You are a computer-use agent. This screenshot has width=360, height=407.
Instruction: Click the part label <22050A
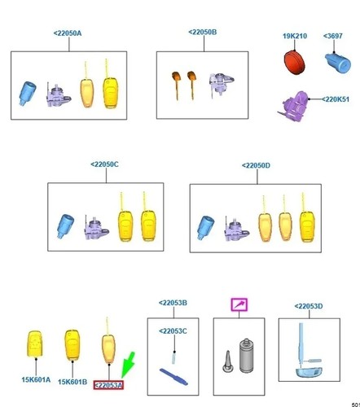point(68,33)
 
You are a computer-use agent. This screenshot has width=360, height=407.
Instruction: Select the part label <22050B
point(203,33)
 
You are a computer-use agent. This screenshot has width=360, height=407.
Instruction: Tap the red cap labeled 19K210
point(294,62)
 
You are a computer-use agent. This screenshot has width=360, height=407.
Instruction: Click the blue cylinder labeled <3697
point(338,63)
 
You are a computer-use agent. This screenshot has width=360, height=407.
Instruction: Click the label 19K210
point(295,36)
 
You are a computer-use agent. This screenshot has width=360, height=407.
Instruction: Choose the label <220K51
point(336,99)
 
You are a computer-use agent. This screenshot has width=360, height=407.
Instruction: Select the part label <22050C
point(104,164)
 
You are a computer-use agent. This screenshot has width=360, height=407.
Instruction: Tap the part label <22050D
point(256,165)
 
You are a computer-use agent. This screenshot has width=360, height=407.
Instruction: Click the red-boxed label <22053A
point(108,385)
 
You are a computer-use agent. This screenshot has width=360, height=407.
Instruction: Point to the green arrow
point(128,365)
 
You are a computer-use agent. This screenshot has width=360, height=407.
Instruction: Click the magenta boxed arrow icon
point(239,304)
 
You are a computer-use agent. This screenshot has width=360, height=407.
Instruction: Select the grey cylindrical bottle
point(247,356)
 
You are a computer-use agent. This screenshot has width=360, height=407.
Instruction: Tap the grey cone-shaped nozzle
point(227,361)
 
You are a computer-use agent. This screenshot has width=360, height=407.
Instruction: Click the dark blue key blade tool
point(173,376)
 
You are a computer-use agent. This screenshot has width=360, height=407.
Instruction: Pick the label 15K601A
point(36,379)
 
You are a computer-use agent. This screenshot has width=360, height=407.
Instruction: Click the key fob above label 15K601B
point(72,345)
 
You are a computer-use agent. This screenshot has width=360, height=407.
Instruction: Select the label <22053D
point(309,306)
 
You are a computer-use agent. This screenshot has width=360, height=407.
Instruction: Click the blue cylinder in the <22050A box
point(28,94)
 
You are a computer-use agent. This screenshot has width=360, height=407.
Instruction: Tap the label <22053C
point(173,331)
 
